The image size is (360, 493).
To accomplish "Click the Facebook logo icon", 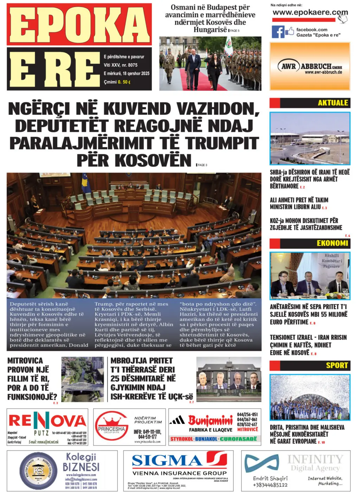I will pyautogui.click(x=278, y=32).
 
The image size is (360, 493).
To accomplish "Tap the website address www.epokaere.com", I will pyautogui.click(x=306, y=13).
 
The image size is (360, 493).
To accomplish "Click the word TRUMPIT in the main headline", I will pyautogui.click(x=222, y=143).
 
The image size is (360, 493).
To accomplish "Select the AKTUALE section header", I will pyautogui.click(x=333, y=103).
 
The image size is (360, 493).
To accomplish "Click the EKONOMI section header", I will pyautogui.click(x=332, y=243).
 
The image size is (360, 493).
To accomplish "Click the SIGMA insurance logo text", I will pyautogui.click(x=167, y=461).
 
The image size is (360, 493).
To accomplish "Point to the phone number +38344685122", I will pyautogui.click(x=270, y=485).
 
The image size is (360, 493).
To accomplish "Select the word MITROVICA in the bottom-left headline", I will pyautogui.click(x=25, y=361).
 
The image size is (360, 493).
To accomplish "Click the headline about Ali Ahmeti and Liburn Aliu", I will pyautogui.click(x=299, y=203).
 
